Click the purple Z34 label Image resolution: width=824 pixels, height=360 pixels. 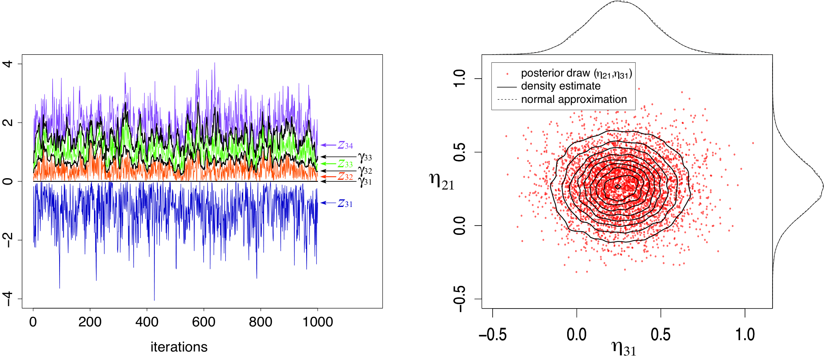[345, 145]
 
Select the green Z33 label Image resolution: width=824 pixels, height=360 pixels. [345, 164]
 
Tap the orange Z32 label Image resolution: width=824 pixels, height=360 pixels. [345, 177]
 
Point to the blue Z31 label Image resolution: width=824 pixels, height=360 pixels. [345, 203]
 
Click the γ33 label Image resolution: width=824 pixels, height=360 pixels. [365, 158]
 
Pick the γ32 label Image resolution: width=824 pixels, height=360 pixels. [365, 171]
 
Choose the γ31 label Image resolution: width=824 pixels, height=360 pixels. [365, 182]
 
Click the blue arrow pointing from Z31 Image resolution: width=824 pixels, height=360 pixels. [329, 203]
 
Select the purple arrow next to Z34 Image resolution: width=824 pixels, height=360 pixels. [329, 145]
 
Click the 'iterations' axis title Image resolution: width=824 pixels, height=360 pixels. [179, 347]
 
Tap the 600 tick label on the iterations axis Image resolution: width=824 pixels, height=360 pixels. [203, 322]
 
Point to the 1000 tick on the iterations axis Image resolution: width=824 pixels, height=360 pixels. [318, 322]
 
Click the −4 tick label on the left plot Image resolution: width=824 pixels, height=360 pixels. [8, 299]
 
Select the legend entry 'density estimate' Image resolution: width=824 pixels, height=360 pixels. [561, 86]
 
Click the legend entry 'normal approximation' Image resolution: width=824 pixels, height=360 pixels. [574, 100]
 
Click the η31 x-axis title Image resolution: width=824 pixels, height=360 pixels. [624, 347]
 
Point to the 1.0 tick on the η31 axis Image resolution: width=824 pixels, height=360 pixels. [745, 334]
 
